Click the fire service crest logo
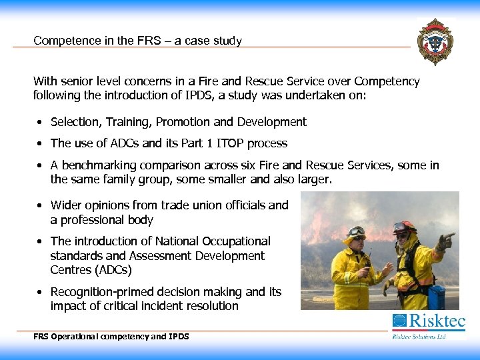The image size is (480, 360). coord(435,41)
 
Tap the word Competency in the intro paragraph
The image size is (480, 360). coord(387,81)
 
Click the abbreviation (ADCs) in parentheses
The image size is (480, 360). coord(108,270)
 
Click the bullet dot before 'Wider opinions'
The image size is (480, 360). coord(41,206)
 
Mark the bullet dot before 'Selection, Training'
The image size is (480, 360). coord(41,123)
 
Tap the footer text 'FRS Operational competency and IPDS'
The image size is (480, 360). coord(111,337)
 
